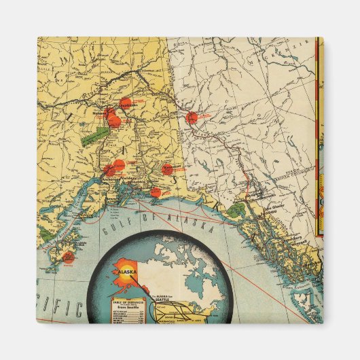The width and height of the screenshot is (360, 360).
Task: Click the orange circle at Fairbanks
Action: pyautogui.click(x=125, y=103)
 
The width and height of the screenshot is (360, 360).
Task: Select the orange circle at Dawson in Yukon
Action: pyautogui.click(x=192, y=117)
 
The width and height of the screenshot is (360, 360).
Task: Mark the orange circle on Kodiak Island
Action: pyautogui.click(x=68, y=257)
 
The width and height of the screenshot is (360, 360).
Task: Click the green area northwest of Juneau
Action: pyautogui.click(x=236, y=210)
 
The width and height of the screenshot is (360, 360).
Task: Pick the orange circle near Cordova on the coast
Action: pyautogui.click(x=156, y=192)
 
